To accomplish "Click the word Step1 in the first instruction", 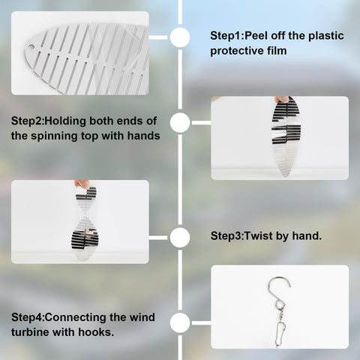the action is pyautogui.click(x=226, y=36).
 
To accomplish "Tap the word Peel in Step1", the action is pyautogui.click(x=256, y=36).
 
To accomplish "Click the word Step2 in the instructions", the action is pyautogui.click(x=27, y=121).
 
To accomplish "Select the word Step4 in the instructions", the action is pyautogui.click(x=27, y=317).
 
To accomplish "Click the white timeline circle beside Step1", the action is pyautogui.click(x=180, y=37).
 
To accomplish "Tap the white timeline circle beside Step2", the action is pyautogui.click(x=180, y=122).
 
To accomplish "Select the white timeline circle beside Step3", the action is pyautogui.click(x=180, y=238).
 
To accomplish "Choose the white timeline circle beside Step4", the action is pyautogui.click(x=180, y=323).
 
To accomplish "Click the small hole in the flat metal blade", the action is pyautogui.click(x=31, y=46).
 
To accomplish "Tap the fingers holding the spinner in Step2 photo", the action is pyautogui.click(x=282, y=99).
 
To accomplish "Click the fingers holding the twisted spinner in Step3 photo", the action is pyautogui.click(x=82, y=184).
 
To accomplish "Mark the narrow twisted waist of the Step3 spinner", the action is pyautogui.click(x=85, y=213).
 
